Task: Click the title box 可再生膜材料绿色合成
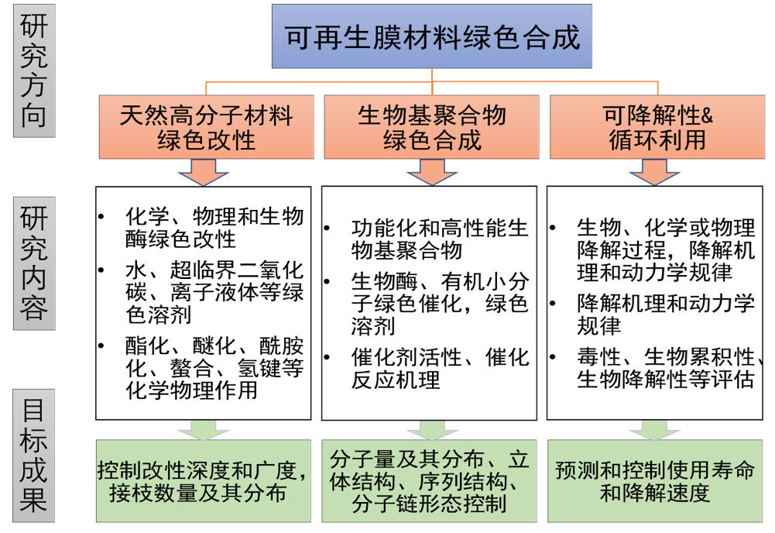432,36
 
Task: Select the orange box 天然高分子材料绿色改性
206,127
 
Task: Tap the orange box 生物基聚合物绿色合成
432,127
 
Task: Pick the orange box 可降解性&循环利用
657,127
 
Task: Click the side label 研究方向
33,70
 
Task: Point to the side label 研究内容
33,264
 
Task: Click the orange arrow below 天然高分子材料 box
204,172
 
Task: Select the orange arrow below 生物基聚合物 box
431,172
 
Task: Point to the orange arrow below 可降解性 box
654,172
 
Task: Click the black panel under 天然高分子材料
204,302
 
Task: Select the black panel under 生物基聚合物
430,302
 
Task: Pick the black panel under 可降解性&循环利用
655,302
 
